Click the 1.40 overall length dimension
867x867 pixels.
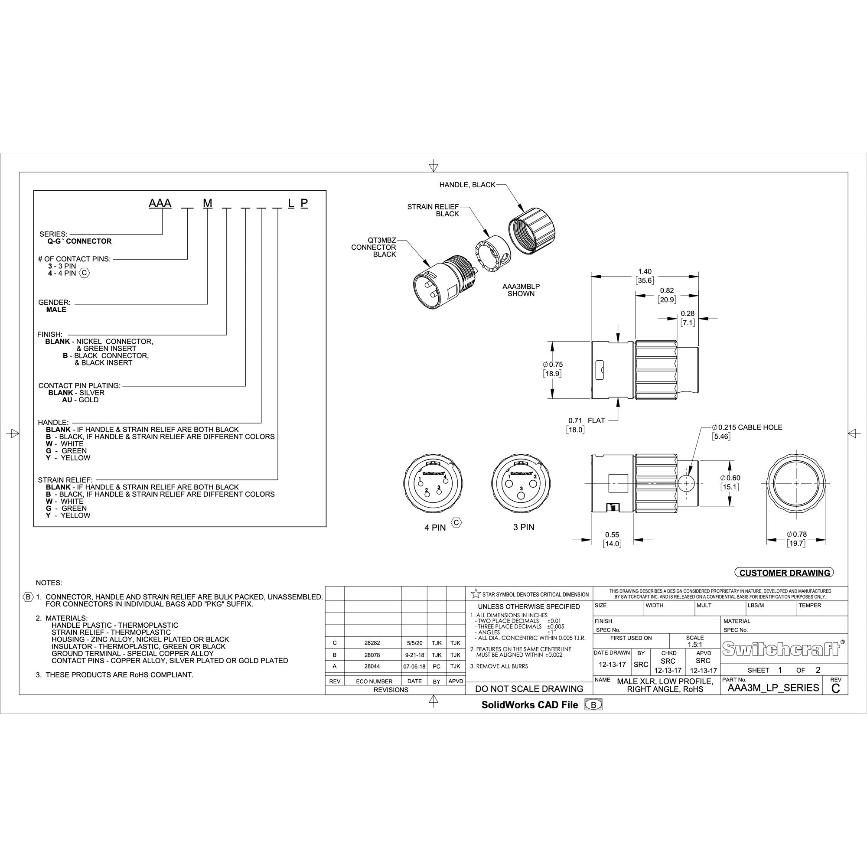click(645, 271)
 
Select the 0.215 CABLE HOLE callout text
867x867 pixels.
click(750, 427)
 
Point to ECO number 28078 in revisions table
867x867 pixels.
click(372, 655)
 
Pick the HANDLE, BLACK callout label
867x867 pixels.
click(467, 185)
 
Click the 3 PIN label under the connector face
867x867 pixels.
click(524, 527)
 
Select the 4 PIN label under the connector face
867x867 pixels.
click(435, 528)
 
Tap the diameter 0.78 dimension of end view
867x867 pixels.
click(796, 534)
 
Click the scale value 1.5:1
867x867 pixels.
click(694, 645)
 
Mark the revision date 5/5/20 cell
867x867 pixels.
click(414, 643)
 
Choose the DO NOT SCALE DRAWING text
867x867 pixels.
click(528, 688)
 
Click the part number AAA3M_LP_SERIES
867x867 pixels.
click(773, 688)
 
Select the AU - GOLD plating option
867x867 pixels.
click(80, 400)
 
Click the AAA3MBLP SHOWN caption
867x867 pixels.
click(521, 290)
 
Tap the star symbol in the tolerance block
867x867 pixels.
click(476, 594)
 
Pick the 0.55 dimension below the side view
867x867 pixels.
click(612, 535)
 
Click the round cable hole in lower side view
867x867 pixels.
click(686, 483)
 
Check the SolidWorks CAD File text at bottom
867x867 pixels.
click(530, 704)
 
